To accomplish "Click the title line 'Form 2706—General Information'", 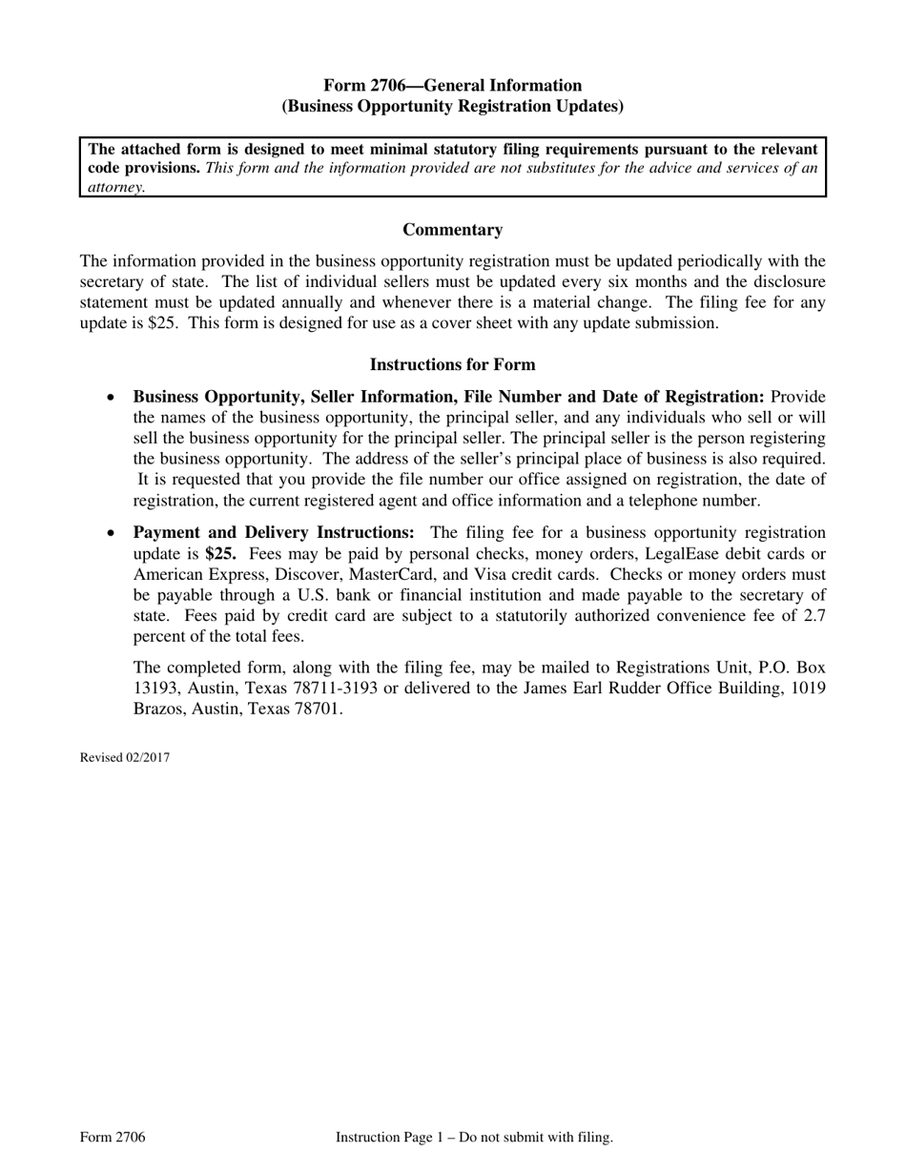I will [452, 86].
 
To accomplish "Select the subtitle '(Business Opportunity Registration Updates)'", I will [452, 107].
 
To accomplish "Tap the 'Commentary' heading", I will [452, 230].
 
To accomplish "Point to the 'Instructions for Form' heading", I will [452, 365].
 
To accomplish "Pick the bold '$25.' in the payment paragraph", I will [220, 554].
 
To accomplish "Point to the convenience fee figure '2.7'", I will [813, 616].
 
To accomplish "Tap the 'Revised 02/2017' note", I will [125, 758].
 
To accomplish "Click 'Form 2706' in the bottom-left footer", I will [113, 1137].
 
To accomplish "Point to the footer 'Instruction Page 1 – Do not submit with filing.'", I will [474, 1137].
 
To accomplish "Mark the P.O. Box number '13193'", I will [155, 689].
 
